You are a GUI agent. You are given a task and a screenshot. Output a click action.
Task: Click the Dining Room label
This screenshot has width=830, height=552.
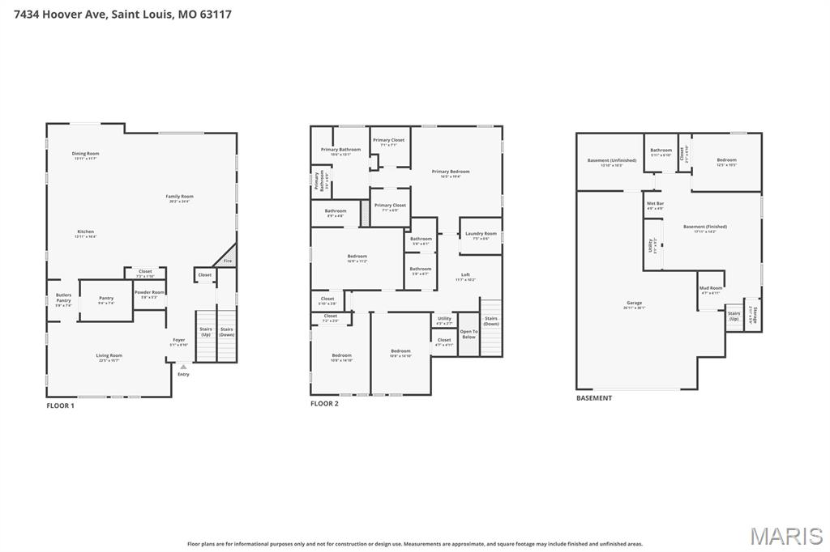coord(85,154)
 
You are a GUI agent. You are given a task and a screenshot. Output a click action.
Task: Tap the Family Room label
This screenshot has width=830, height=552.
coord(180,197)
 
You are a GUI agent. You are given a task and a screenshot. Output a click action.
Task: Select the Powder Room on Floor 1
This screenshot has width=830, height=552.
coord(149,293)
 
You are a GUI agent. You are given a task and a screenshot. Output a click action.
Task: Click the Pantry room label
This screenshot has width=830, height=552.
coord(106,299)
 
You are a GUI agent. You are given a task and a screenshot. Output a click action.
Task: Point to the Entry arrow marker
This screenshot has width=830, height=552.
coord(183,367)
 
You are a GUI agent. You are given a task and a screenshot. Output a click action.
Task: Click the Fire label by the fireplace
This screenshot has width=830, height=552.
coord(228,261)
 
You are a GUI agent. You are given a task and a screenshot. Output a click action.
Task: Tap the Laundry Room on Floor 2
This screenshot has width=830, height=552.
coord(481,235)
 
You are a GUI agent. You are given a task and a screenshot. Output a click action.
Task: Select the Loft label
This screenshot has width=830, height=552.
coord(465,275)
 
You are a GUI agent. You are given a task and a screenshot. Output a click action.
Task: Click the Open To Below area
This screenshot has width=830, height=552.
coord(468,334)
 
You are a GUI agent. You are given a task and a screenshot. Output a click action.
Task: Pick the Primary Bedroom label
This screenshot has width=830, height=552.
coord(451,172)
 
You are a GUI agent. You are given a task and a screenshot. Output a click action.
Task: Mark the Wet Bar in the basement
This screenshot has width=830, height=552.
coord(655,204)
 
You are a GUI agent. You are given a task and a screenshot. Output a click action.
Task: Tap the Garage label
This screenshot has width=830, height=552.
coord(634,304)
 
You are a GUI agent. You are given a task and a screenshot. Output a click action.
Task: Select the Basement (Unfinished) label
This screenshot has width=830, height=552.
coord(605,161)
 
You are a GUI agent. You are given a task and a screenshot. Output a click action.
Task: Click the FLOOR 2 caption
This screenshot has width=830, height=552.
coord(324,403)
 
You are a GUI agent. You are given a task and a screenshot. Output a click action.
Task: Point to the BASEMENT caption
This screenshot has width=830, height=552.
coord(594,398)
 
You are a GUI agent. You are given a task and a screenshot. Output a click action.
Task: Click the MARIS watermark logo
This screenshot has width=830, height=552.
coord(786,535)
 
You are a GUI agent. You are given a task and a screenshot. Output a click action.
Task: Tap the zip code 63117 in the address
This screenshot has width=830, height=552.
coord(215,14)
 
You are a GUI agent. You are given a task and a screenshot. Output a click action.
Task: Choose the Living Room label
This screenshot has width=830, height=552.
coord(109,356)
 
